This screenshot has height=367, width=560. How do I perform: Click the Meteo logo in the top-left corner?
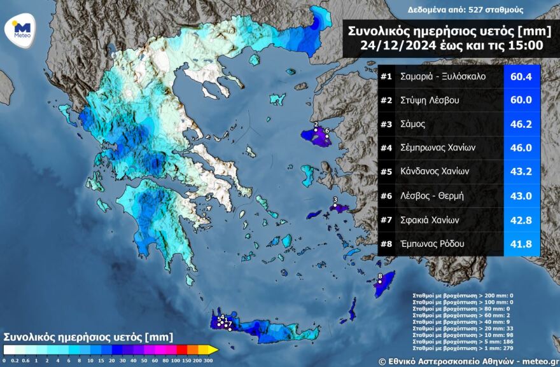click(22, 31)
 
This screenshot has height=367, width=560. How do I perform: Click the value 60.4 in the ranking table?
click(521, 77)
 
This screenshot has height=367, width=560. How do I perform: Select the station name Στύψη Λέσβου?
click(430, 100)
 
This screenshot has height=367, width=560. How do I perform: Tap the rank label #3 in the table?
click(386, 125)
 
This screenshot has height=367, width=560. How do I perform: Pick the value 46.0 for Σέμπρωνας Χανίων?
click(521, 148)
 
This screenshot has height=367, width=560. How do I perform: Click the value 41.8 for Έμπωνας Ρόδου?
click(521, 244)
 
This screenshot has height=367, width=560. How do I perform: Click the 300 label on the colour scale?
click(209, 360)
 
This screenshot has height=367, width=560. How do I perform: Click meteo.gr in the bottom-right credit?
click(534, 361)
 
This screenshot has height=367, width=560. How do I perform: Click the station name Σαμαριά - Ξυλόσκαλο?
click(443, 77)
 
